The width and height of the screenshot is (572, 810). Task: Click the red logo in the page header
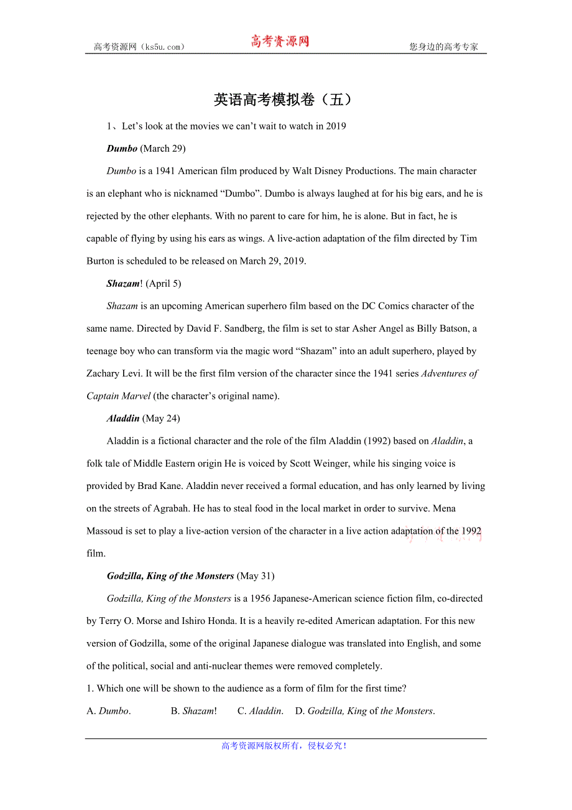[x=280, y=42]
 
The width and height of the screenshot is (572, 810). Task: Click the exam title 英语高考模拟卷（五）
[x=285, y=100]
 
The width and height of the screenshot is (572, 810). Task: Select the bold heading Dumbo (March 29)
[x=145, y=149]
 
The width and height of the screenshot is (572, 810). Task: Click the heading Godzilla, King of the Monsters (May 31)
[x=190, y=576]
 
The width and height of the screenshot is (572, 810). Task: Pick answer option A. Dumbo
[x=108, y=711]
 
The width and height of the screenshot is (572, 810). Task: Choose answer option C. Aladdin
[x=260, y=711]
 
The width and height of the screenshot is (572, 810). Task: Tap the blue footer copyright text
[x=285, y=746]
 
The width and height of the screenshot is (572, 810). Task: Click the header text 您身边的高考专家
[x=443, y=47]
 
